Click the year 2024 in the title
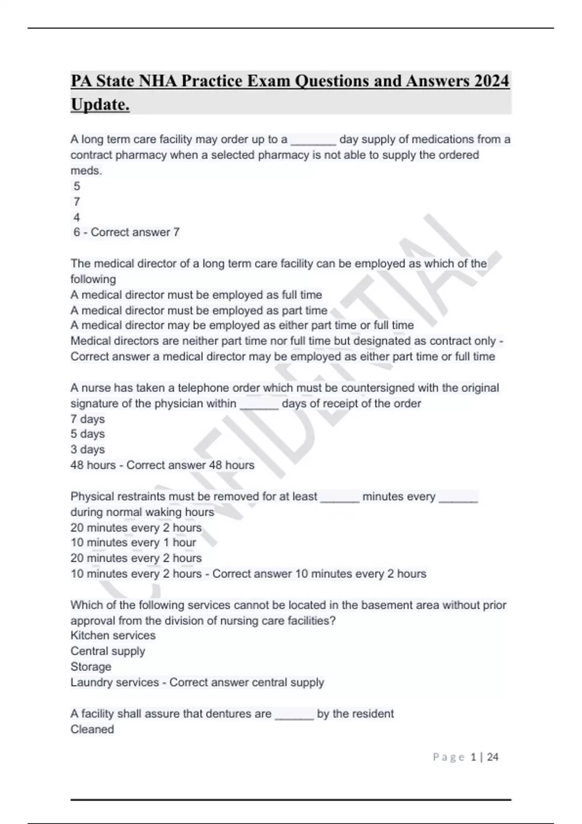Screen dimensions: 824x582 click(492, 80)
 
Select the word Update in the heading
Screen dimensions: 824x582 click(99, 104)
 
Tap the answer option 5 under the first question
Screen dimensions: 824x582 click(77, 186)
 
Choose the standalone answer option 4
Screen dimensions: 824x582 click(77, 217)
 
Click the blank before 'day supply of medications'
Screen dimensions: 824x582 click(313, 141)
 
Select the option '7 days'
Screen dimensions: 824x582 click(87, 419)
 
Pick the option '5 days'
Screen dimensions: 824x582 click(87, 434)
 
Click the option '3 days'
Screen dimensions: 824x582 click(87, 449)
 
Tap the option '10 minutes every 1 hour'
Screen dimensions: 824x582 click(133, 542)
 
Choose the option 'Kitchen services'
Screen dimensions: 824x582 click(113, 635)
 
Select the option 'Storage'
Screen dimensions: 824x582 click(91, 666)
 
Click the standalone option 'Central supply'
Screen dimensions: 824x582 click(108, 651)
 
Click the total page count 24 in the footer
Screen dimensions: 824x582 click(493, 757)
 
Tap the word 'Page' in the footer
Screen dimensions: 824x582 click(449, 757)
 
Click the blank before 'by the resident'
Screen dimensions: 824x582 click(294, 714)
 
